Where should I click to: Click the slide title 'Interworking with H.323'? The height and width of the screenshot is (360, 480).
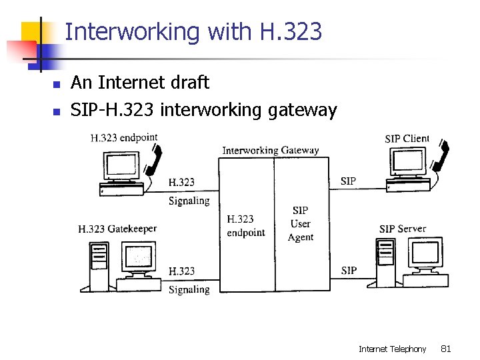pos(193,31)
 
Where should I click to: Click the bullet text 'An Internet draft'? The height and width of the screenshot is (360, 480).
pos(140,83)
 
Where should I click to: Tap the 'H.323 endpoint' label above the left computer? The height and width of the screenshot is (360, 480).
pos(124,139)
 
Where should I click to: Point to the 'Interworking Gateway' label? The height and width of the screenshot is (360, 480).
pos(270,150)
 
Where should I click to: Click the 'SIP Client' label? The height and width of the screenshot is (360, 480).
pos(407,139)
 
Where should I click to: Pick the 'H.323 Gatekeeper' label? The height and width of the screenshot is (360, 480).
pos(117,229)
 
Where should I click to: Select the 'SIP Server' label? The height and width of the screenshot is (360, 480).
pos(402,229)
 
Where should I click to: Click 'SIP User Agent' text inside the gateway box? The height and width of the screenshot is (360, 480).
pos(301,223)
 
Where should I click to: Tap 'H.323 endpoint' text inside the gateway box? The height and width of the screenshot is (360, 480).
pos(246,225)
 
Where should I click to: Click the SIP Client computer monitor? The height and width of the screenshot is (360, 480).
pos(408,162)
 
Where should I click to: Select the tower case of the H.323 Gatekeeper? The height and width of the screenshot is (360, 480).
pos(99,264)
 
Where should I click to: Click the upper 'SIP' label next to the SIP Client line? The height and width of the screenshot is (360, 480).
pos(348,181)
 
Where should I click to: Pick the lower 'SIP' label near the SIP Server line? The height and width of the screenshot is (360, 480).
pos(348,270)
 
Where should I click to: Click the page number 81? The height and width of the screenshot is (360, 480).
pos(446,348)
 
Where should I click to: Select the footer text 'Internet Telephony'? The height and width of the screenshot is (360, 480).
pos(392,348)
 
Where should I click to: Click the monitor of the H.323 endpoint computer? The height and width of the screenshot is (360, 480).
pos(121,163)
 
